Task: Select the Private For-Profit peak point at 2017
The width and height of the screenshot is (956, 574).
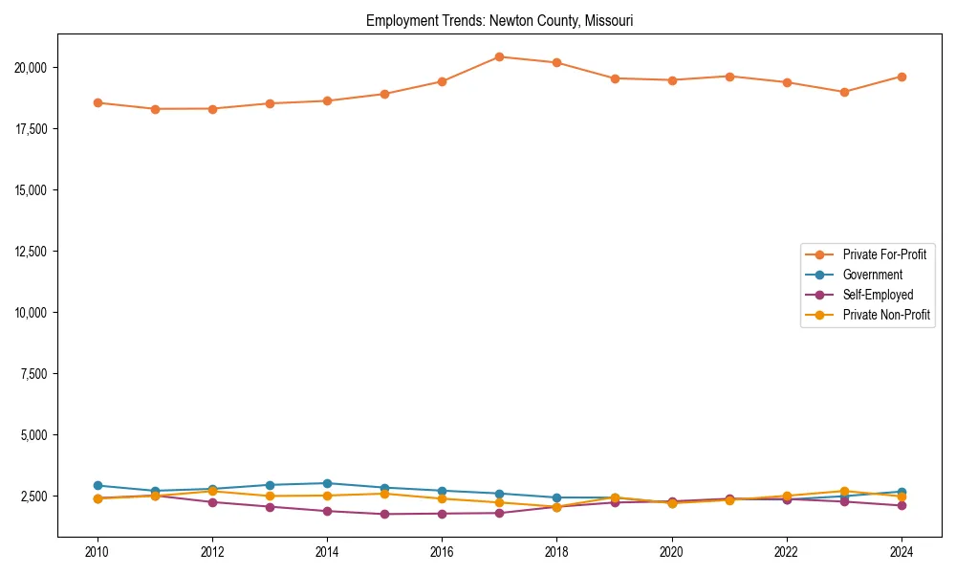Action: (499, 56)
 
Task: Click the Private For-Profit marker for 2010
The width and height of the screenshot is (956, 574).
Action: (98, 102)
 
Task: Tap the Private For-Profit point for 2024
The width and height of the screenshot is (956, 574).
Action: (902, 77)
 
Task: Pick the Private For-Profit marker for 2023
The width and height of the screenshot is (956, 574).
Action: (844, 92)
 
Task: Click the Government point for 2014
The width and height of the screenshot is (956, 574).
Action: (327, 483)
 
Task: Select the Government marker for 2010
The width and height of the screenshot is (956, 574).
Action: (98, 485)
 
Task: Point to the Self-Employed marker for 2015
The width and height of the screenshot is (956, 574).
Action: (384, 514)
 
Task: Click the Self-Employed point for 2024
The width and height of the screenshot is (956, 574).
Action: (902, 505)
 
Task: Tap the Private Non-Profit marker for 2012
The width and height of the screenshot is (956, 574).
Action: (212, 491)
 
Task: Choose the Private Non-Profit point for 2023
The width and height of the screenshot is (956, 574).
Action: (844, 491)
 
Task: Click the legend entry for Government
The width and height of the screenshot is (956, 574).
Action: (872, 275)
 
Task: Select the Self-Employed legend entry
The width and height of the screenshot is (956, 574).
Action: (878, 295)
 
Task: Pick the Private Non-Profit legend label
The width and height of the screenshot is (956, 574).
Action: (886, 315)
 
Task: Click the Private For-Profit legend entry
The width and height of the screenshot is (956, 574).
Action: (884, 254)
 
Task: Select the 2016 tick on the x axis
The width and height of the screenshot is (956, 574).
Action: (442, 552)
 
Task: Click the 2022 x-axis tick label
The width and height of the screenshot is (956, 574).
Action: (787, 552)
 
